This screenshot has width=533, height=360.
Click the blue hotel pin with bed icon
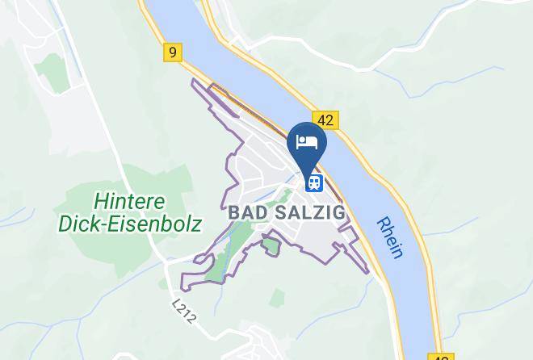pyautogui.click(x=307, y=144)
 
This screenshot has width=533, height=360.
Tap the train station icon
pyautogui.click(x=313, y=183)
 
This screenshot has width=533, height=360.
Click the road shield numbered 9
pyautogui.click(x=172, y=52)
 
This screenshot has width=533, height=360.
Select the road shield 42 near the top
pyautogui.click(x=325, y=120)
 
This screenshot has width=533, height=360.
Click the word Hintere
pyautogui.click(x=129, y=200)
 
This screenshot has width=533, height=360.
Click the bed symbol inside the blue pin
pyautogui.click(x=307, y=141)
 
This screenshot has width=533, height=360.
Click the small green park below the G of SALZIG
pyautogui.click(x=271, y=242)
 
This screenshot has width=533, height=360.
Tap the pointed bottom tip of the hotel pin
pyautogui.click(x=307, y=167)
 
